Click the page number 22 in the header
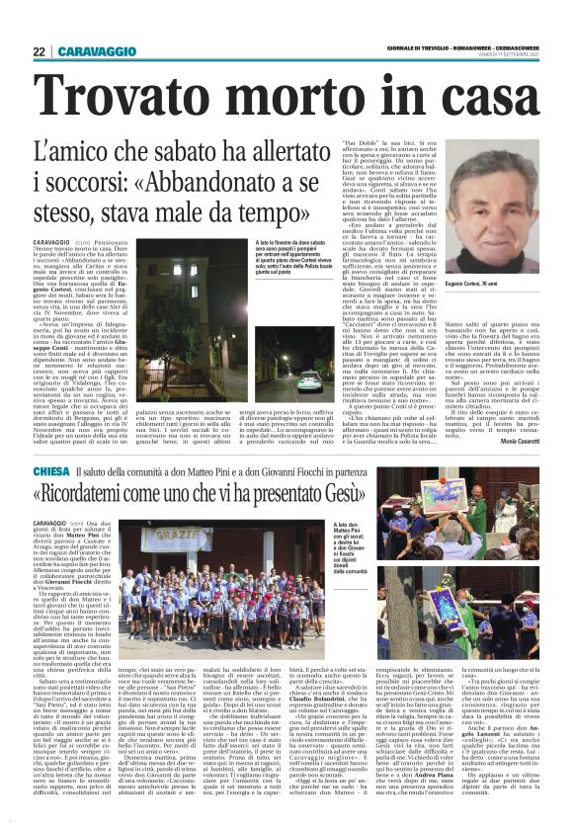click(39, 51)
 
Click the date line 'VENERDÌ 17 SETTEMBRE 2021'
click(504, 55)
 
